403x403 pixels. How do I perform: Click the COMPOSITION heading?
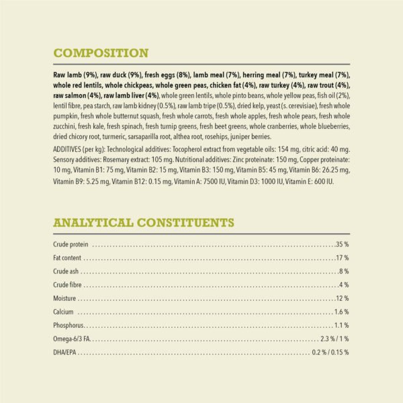(101, 53)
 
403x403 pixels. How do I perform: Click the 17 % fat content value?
(342, 257)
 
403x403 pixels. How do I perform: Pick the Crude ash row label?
(66, 271)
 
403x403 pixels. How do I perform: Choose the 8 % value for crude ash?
(344, 271)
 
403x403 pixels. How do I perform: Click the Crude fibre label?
(67, 285)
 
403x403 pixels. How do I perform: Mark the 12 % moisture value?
(342, 298)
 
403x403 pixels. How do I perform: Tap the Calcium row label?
(63, 312)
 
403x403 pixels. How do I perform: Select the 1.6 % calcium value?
(341, 312)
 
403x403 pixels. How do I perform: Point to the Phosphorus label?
(69, 326)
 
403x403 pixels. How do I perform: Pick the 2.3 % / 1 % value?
(334, 339)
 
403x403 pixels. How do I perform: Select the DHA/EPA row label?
(66, 353)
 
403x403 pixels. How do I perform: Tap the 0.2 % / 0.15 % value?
(330, 353)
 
